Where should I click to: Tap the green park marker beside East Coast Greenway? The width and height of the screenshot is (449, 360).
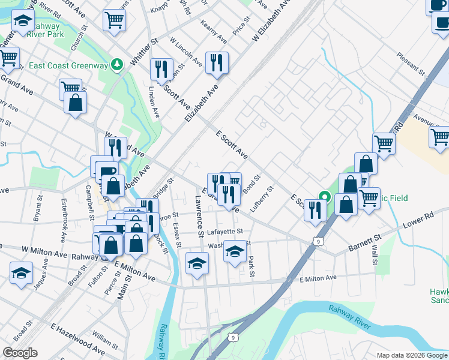(x=118, y=64)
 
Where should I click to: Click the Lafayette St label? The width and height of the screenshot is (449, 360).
(x=225, y=231)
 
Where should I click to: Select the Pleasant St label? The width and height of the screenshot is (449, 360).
(x=411, y=65)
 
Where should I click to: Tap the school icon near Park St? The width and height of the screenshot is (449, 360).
(x=235, y=251)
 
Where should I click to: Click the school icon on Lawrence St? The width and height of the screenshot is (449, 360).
(x=197, y=263)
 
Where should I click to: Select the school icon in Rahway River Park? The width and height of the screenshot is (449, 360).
(x=23, y=22)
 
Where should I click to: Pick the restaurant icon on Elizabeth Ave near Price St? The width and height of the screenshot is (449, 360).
(x=216, y=62)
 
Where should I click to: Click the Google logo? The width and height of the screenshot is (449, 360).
(x=20, y=353)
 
